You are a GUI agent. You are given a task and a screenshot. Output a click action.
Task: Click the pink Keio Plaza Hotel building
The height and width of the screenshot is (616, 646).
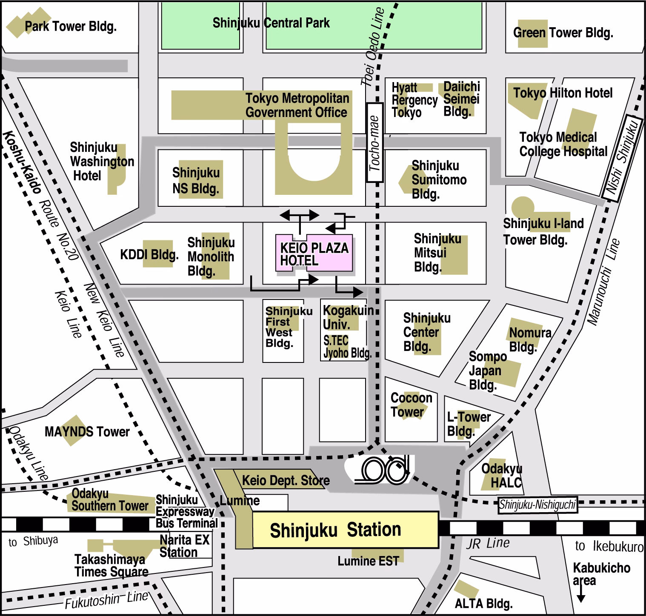tap(314, 253)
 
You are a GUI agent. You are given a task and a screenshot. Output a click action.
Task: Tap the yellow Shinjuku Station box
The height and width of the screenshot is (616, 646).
tap(345, 530)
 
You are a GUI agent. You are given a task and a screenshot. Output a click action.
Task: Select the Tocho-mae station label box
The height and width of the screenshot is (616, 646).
tap(375, 143)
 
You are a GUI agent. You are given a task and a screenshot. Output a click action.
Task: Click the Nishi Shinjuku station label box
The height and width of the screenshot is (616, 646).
tap(622, 157)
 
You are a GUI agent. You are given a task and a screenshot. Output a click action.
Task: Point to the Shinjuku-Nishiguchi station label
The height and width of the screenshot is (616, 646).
tap(537, 505)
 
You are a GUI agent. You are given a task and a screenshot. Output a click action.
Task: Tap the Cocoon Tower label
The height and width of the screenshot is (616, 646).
tap(411, 405)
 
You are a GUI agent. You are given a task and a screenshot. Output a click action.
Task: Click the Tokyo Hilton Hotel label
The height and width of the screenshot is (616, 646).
tap(562, 93)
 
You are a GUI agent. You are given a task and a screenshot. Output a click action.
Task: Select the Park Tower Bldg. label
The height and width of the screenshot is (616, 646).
tap(70, 27)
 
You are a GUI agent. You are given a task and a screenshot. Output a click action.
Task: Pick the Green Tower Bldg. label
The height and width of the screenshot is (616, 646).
tap(563, 32)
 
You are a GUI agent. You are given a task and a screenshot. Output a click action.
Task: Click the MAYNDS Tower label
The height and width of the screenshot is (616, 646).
tap(87, 432)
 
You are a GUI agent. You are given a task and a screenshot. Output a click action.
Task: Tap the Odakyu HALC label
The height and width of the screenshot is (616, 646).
tap(502, 475)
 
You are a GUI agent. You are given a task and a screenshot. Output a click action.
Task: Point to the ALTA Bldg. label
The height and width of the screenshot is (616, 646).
tap(483, 603)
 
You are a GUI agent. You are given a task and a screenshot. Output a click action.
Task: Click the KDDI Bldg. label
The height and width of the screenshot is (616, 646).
tap(149, 254)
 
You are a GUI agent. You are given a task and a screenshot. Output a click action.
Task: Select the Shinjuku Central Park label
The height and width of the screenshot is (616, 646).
tap(271, 23)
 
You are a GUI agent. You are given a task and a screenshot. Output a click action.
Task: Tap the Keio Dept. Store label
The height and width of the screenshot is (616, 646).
tap(286, 481)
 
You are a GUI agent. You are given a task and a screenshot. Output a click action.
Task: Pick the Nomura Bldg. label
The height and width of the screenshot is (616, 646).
tap(530, 339)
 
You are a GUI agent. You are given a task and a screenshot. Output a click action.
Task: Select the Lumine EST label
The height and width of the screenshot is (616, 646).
tap(368, 561)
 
